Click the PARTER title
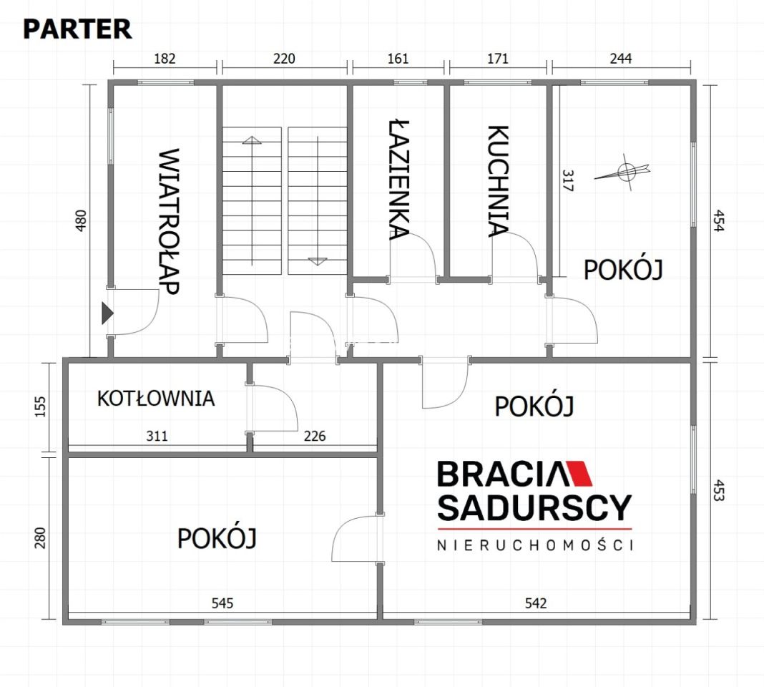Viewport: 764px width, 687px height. [77, 29]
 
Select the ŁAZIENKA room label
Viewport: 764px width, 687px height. [399, 178]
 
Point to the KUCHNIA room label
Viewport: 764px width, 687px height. [498, 180]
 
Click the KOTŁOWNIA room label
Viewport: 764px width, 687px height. [156, 398]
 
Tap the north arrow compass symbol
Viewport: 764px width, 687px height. [625, 172]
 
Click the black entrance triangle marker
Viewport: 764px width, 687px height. [107, 313]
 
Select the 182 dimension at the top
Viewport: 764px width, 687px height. [165, 59]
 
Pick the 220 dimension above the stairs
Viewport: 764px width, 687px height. [284, 59]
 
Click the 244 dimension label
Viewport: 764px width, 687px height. [621, 59]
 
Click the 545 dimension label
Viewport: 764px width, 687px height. [222, 603]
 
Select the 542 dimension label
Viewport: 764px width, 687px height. [535, 603]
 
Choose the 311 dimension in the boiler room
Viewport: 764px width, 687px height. [157, 435]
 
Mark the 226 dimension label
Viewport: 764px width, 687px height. [314, 435]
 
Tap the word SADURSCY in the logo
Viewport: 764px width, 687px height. [534, 507]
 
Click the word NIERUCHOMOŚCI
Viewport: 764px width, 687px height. [535, 545]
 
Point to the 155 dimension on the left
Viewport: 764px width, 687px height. [40, 406]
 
